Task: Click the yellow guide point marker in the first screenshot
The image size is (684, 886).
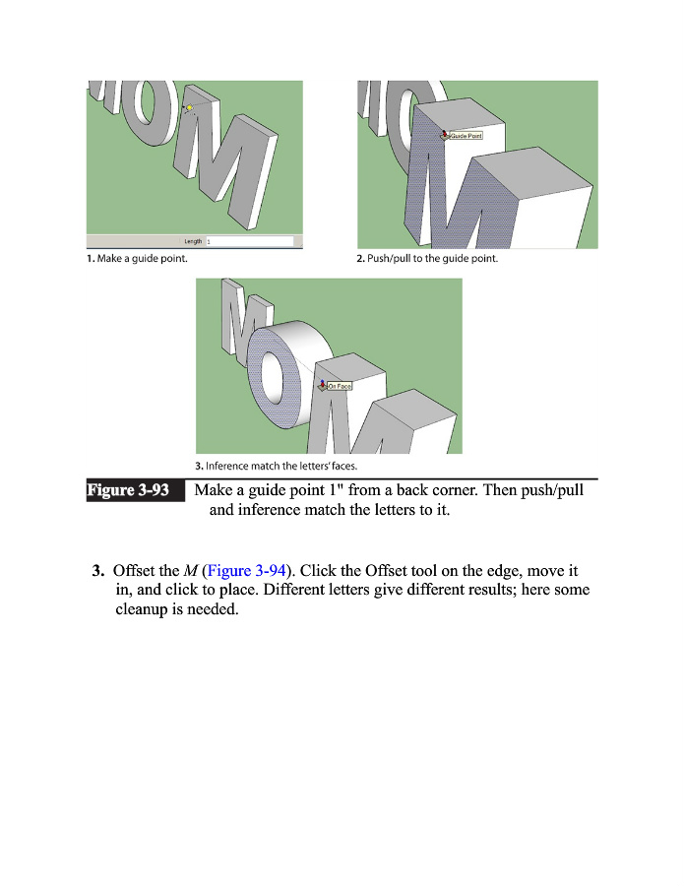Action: tap(188, 107)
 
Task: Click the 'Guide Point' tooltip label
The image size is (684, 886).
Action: tap(466, 137)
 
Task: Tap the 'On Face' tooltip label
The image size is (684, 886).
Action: tap(339, 386)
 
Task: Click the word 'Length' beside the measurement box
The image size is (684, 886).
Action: tap(193, 241)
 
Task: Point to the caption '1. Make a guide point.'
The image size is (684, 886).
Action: tap(136, 259)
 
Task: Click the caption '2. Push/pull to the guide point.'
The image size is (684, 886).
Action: tap(426, 259)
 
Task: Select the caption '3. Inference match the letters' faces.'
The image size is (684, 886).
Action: tap(274, 466)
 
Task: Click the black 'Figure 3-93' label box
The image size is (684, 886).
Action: tap(135, 490)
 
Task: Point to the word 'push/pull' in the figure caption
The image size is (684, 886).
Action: tap(551, 490)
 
